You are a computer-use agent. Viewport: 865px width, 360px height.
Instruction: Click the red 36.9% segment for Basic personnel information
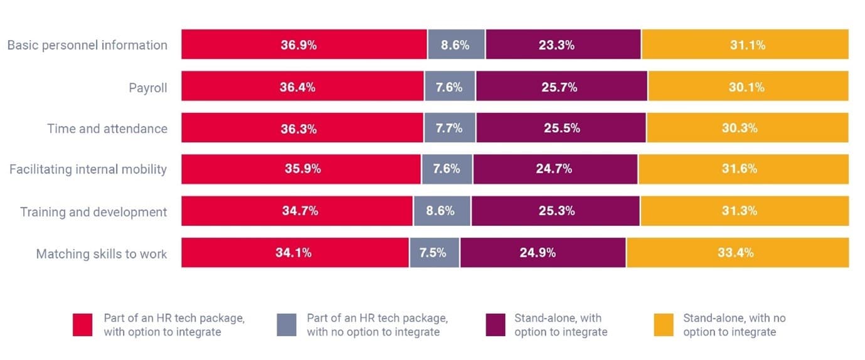304,45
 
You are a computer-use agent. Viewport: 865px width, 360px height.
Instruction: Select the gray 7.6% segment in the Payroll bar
450,87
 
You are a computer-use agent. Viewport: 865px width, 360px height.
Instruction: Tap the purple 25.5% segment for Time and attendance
561,128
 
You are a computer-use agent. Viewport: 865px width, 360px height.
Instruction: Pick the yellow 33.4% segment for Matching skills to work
737,253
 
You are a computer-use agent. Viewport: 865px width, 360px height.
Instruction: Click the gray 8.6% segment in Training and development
442,211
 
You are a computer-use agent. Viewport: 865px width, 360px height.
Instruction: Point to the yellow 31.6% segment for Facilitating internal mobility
743,169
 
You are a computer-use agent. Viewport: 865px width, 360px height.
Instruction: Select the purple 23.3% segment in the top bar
563,45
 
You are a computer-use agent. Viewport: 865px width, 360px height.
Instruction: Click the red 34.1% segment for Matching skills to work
295,253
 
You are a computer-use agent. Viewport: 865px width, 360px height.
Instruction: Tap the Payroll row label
148,88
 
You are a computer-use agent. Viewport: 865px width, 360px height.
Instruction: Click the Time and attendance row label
107,129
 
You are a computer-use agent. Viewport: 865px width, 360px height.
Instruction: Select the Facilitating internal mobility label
88,169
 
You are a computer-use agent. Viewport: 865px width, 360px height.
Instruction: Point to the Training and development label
93,212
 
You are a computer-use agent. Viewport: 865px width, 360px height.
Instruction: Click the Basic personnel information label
87,45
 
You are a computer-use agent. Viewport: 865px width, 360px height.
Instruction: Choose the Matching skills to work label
102,254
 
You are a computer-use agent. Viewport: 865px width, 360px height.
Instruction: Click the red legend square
83,325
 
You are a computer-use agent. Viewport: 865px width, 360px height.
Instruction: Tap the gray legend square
287,325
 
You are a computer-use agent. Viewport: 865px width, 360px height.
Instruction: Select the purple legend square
496,325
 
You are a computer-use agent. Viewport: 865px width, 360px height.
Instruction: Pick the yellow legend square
664,325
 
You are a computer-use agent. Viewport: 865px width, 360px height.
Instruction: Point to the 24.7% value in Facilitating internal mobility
555,169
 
